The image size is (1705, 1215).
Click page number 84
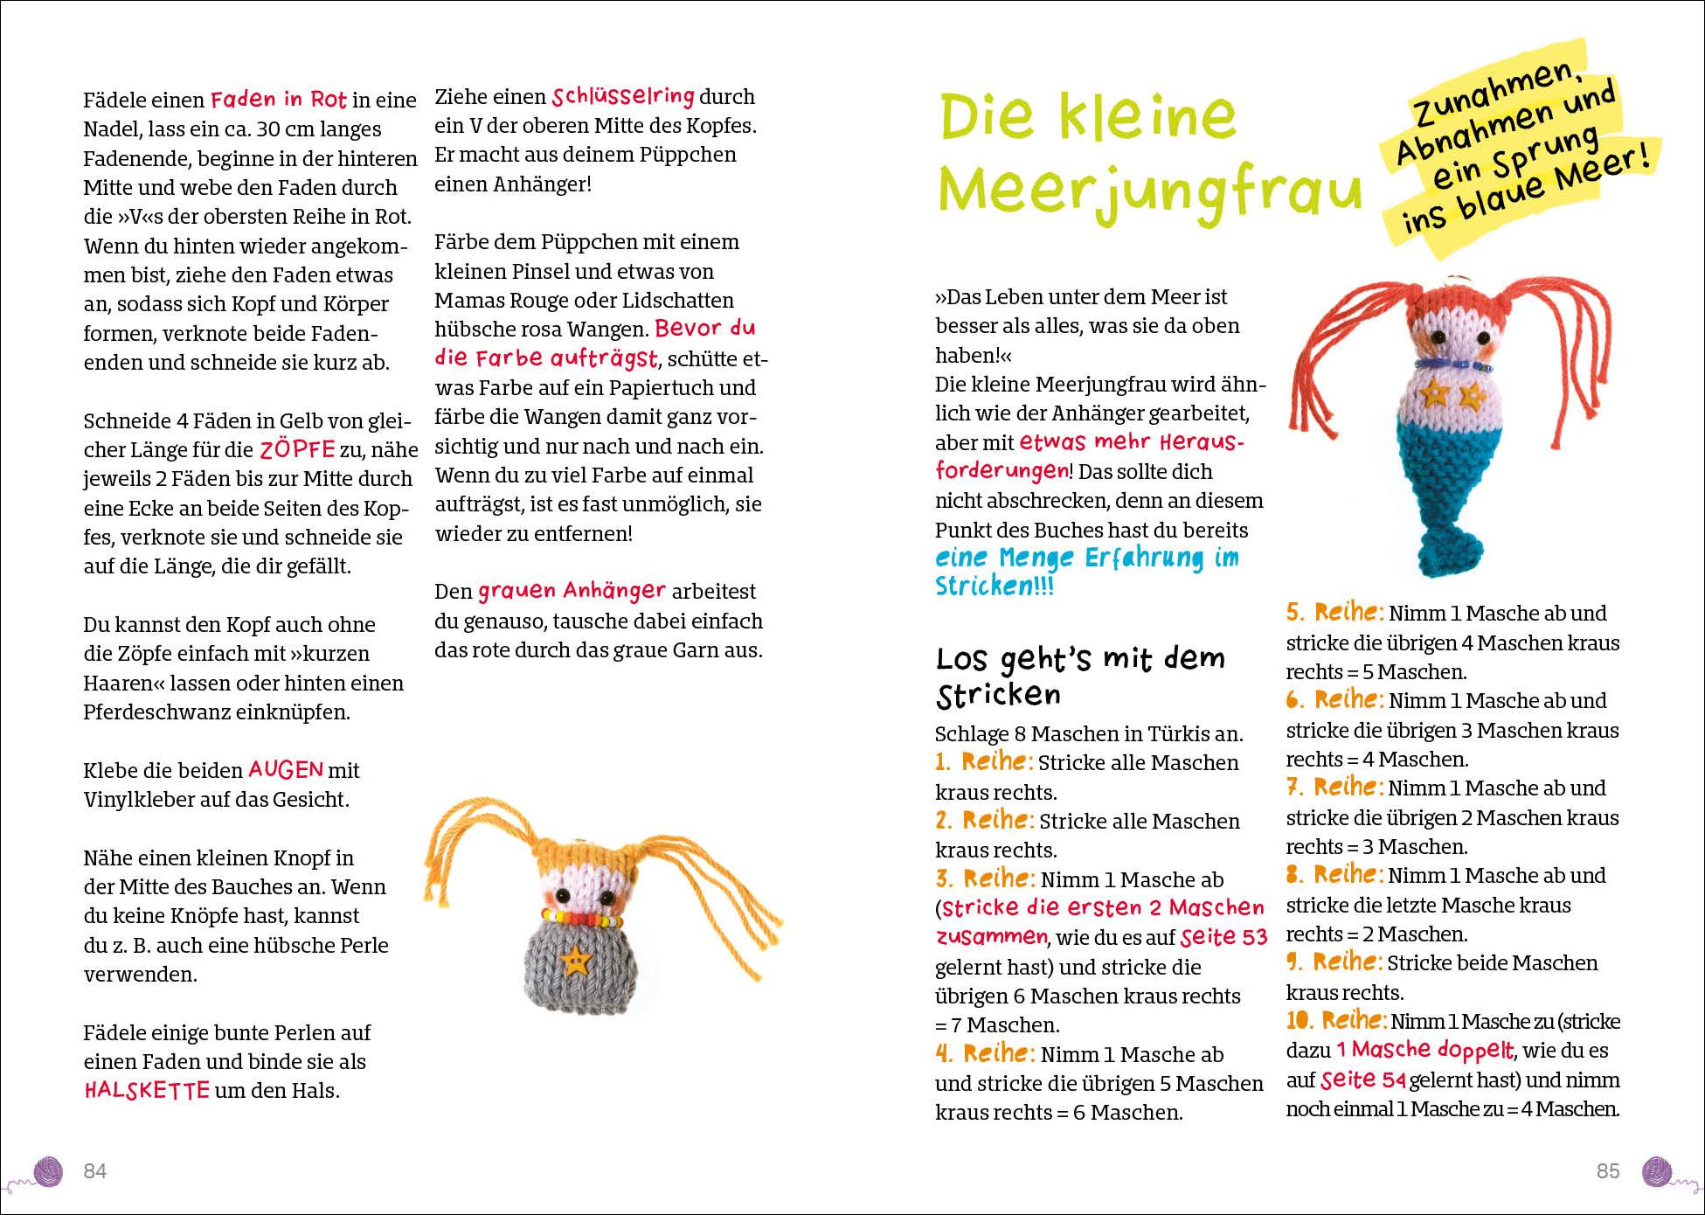point(94,1170)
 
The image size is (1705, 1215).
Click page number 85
point(1608,1170)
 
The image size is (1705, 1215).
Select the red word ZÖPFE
point(297,449)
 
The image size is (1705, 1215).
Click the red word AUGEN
point(286,769)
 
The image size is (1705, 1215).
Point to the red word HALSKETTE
point(147,1090)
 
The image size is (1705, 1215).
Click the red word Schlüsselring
point(623,95)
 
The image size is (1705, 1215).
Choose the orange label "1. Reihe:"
point(984,761)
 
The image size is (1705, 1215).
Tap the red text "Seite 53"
point(1223,937)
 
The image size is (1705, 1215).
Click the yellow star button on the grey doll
point(574,961)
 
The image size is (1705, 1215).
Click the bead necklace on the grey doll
point(580,918)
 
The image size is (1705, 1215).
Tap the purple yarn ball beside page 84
point(49,1170)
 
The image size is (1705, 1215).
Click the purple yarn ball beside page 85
point(1657,1170)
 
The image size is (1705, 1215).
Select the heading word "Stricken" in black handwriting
point(998,696)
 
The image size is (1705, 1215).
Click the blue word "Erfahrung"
point(1142,558)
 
